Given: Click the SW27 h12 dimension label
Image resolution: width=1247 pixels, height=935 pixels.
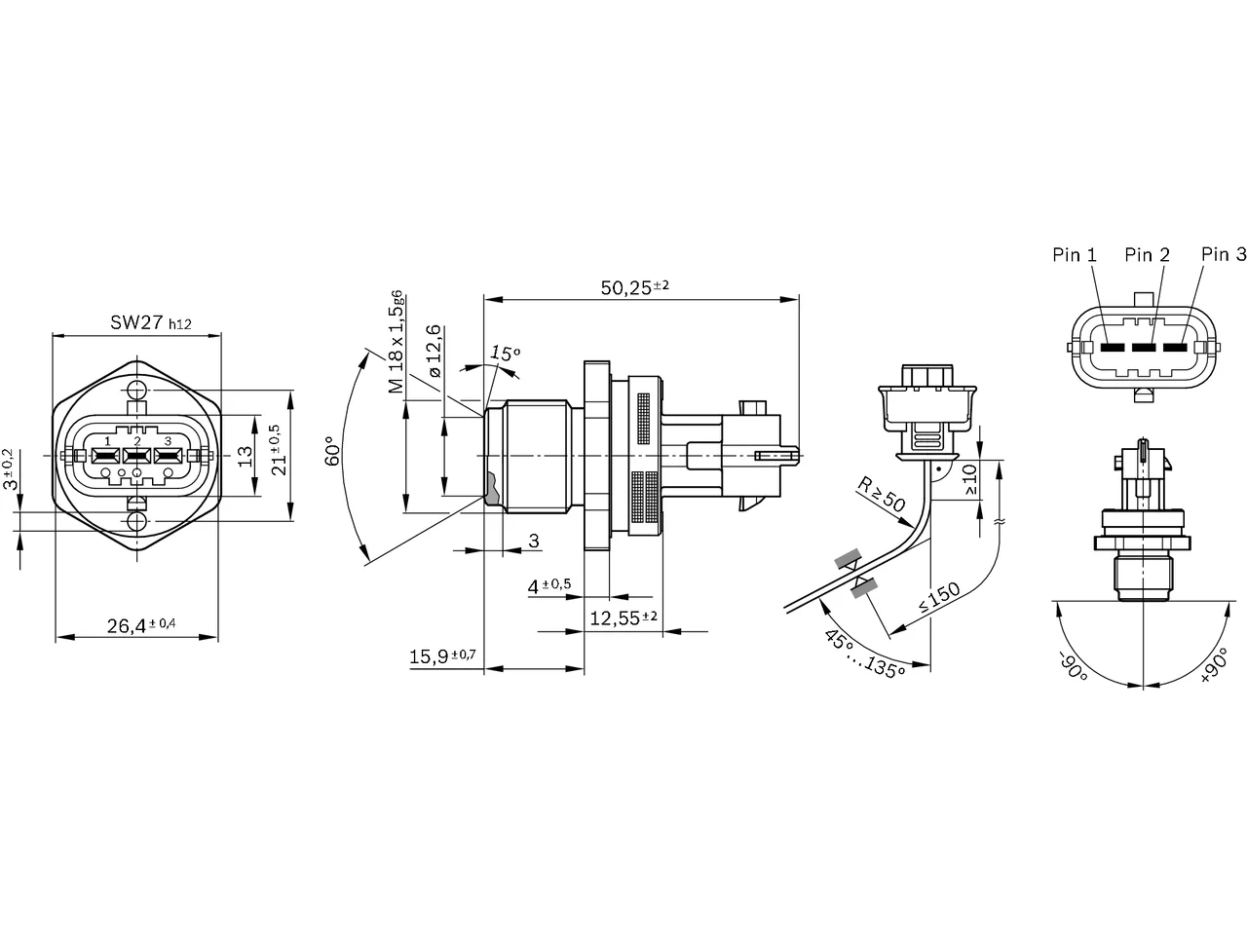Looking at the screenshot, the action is [x=151, y=323].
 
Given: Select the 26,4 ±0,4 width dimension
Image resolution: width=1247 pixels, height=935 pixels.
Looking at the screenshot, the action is [x=141, y=625].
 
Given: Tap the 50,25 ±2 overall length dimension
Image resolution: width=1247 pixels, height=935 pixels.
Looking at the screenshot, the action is [x=634, y=287].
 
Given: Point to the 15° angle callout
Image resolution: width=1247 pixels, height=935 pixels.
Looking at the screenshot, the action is [x=505, y=354].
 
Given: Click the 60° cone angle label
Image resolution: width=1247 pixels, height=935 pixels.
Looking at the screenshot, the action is [x=332, y=451].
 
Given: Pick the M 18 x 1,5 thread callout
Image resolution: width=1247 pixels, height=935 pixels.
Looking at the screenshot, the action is [x=396, y=341].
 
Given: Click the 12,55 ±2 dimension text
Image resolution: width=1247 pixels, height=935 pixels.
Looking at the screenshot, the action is [x=623, y=617].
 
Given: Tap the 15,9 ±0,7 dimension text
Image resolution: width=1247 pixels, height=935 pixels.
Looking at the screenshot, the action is [x=442, y=656].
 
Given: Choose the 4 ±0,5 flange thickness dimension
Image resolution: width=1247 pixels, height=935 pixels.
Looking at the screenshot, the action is [x=549, y=585].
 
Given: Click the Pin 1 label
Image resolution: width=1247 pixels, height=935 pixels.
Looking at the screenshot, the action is [x=1075, y=255].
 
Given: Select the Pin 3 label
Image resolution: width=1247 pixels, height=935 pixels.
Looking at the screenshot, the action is [x=1224, y=254].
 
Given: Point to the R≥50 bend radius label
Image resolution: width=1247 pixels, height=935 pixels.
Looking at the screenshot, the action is [x=882, y=495].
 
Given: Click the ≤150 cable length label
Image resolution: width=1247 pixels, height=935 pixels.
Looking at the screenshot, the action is [x=939, y=597].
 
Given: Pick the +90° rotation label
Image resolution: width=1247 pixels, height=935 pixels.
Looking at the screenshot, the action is [x=1215, y=665].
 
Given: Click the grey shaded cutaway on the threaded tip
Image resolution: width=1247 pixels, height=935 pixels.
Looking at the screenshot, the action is [x=492, y=489].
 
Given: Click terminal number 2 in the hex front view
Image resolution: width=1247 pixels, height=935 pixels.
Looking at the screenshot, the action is [x=137, y=440].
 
